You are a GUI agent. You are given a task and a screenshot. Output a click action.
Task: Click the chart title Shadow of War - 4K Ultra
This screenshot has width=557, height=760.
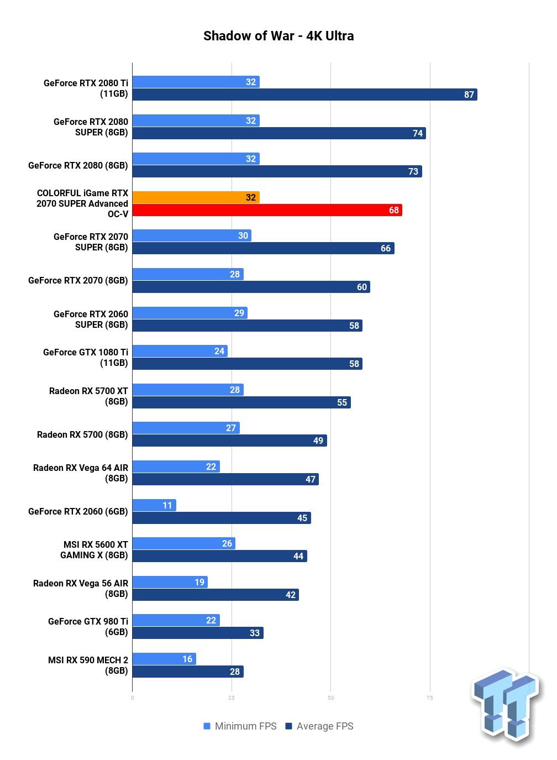point(278,36)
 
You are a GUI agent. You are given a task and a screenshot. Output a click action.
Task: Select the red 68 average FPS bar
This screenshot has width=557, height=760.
point(267,210)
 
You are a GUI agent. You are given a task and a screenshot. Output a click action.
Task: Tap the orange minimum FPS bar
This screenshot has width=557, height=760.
point(196,197)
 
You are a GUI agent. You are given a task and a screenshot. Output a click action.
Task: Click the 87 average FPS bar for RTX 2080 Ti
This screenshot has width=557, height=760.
point(304,95)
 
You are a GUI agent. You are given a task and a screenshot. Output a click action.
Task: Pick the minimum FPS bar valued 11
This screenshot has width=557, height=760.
point(154,505)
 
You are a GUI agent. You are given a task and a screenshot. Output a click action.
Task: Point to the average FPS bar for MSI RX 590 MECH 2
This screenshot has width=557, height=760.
point(188,672)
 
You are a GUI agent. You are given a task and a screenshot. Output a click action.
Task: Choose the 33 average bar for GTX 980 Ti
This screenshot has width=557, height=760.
point(198,633)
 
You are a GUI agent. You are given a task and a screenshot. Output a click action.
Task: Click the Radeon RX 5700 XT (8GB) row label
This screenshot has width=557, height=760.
point(88,396)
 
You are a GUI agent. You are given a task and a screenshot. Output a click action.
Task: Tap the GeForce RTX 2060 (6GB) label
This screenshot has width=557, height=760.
point(78,511)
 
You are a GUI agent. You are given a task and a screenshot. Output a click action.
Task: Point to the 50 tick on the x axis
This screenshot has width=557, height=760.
point(331,698)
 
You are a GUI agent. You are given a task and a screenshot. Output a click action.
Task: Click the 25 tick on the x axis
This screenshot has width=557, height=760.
point(232,698)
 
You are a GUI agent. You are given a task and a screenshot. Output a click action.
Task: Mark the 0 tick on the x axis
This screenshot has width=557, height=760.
point(132,698)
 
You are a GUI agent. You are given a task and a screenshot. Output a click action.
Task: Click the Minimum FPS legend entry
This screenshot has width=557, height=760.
point(240,726)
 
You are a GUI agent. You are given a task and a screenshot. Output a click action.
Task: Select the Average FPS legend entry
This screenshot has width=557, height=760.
point(319,726)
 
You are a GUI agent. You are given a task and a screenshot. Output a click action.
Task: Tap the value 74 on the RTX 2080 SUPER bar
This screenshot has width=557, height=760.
point(418,133)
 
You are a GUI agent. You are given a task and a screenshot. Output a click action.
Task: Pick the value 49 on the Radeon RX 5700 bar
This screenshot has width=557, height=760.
point(318,441)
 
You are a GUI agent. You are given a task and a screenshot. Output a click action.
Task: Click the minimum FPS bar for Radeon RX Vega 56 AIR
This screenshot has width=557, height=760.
point(170,582)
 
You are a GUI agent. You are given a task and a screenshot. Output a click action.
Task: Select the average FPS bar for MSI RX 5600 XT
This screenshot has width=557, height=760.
point(220,556)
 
